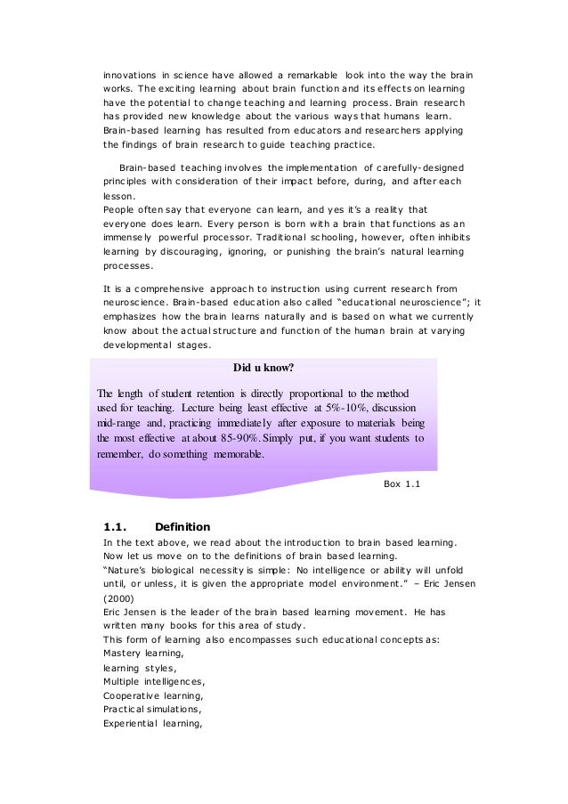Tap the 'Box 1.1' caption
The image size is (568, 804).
(401, 483)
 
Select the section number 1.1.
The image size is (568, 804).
(118, 525)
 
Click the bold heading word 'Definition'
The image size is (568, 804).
(183, 525)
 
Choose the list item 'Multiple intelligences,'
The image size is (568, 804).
(152, 681)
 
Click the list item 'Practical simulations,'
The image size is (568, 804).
(152, 710)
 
